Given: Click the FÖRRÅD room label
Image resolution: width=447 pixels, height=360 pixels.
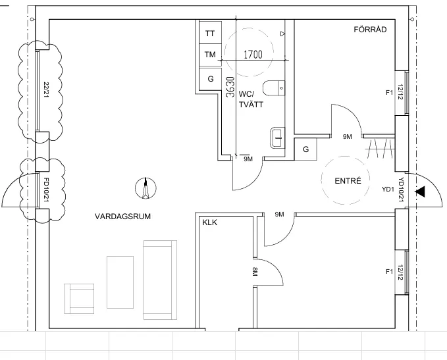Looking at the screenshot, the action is point(370,30).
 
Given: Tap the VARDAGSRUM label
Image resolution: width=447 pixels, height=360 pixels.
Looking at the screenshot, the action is point(122,217).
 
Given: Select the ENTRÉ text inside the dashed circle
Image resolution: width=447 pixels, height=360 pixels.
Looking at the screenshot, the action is point(348,181).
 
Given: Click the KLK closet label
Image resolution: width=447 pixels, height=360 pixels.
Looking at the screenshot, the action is point(209,222).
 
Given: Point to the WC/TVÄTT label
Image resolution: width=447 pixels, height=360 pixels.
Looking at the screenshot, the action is point(251,99).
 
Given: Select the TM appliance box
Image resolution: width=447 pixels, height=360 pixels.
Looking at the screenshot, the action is point(210,55).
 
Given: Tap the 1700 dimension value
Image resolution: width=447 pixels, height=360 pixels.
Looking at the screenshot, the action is point(253,54).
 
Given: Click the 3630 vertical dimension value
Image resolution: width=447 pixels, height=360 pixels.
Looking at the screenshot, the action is point(230,87).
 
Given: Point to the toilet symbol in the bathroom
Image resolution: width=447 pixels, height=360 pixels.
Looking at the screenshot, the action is point(274,88).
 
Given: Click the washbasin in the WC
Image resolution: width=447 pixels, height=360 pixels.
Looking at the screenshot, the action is point(277,138).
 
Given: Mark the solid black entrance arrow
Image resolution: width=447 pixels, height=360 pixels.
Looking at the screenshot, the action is point(420,192).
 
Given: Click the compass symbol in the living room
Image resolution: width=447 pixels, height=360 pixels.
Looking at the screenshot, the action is point(145,188).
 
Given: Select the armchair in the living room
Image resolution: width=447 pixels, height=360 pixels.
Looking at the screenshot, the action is point(79,299).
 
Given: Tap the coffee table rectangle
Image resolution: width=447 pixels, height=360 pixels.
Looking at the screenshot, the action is point(120,282).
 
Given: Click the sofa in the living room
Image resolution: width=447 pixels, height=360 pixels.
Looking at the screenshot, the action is point(160,280).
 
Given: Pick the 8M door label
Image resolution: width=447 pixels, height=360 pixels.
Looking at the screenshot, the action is point(255,272).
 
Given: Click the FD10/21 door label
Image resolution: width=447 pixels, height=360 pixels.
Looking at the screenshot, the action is point(46,190).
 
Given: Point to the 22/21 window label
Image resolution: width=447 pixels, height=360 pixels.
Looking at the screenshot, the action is point(46,90).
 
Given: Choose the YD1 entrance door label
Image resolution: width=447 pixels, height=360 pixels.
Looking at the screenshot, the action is point(388,190).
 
